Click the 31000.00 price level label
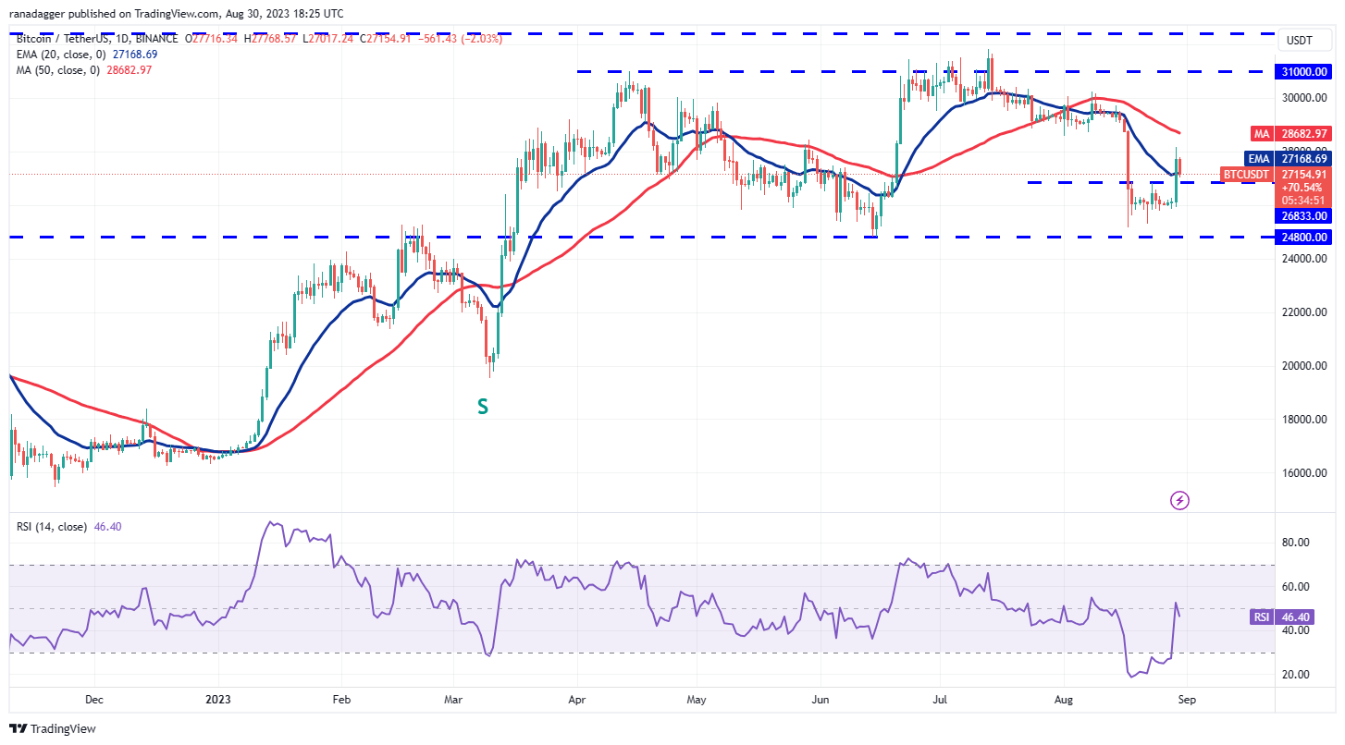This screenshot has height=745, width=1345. pos(1303,71)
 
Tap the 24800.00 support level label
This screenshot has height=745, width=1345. pos(1303,237)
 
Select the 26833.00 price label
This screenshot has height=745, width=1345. pos(1303,216)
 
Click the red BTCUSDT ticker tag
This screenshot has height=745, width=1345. pos(1247,173)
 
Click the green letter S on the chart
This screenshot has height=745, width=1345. pos(482,406)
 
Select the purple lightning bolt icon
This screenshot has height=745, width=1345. pos(1179,501)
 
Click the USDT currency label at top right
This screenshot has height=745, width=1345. pos(1300,41)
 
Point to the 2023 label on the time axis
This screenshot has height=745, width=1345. pos(218,700)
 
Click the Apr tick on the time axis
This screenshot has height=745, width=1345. pos(577,700)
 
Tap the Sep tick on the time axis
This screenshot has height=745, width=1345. pos(1187,700)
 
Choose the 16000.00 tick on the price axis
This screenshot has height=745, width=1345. pos(1303,473)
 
